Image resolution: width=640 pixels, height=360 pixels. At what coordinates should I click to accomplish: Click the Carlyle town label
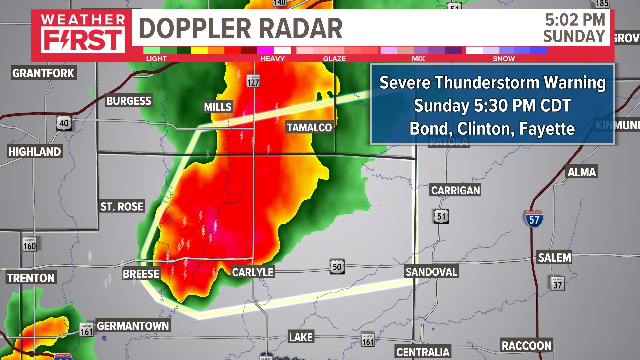[253, 272]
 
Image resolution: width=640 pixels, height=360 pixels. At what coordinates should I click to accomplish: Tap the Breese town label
[141, 274]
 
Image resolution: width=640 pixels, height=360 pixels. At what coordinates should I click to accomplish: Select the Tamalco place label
[309, 127]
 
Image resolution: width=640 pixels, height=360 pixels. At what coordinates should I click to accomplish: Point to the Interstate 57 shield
[534, 219]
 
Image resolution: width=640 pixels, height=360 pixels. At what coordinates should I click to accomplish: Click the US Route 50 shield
[337, 267]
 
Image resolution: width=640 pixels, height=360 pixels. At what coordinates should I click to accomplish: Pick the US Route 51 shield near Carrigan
[441, 216]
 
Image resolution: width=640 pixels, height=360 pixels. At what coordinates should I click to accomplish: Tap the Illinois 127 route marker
[253, 81]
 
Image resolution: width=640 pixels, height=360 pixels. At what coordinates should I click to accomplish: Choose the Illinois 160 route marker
[29, 245]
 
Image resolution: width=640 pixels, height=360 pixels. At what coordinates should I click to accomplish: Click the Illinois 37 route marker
[558, 283]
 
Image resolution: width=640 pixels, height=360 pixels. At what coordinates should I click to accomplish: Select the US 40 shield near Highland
[64, 123]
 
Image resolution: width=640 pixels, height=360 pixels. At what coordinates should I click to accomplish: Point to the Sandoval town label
[431, 272]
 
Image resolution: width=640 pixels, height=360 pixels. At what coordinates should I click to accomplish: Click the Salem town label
[554, 257]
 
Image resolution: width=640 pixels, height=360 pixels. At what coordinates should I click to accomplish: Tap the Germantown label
[133, 326]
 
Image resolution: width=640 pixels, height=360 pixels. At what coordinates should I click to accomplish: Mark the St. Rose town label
[122, 207]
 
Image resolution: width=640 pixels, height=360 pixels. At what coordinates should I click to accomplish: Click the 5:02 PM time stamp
[575, 20]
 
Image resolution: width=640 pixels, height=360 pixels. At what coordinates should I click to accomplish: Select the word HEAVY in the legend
[272, 59]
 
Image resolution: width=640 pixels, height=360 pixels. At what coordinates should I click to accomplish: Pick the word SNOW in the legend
[504, 59]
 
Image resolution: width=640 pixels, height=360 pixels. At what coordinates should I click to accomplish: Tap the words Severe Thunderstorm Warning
[492, 83]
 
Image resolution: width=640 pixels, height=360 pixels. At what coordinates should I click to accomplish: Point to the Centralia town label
[423, 352]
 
